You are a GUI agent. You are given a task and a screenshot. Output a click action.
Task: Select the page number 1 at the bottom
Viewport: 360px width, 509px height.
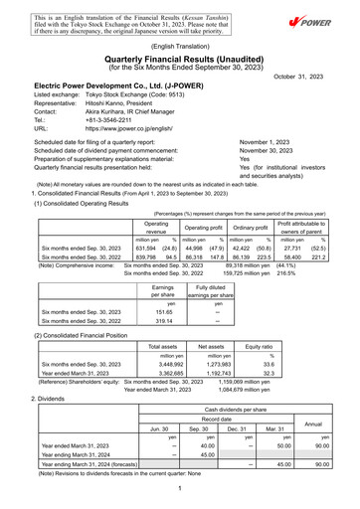(180, 489)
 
